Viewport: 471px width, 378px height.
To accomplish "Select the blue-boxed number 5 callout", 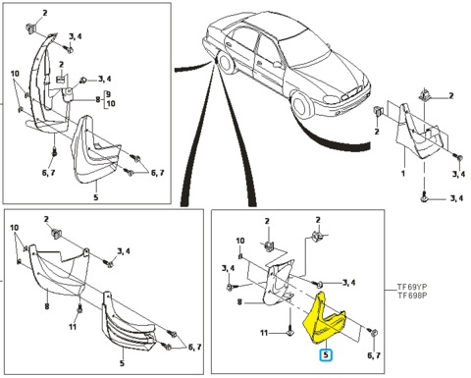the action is [326, 354].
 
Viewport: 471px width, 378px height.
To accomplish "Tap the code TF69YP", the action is [412, 287].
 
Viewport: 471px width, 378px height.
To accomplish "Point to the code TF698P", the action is [412, 296].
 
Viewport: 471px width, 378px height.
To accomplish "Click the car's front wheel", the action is [302, 105].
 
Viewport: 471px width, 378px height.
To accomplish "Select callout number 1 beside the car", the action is [402, 173].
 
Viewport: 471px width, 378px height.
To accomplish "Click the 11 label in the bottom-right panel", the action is [264, 333].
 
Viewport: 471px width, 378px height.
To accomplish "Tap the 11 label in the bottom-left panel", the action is [73, 326].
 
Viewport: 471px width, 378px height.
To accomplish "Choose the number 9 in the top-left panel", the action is [108, 94].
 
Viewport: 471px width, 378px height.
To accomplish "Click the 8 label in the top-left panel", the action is [97, 99].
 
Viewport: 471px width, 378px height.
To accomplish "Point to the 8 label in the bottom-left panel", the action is [47, 306].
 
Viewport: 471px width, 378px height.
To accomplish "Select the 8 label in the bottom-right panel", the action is [239, 302].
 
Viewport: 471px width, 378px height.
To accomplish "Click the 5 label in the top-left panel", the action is [96, 197].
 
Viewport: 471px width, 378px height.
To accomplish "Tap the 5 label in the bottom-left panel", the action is [122, 363].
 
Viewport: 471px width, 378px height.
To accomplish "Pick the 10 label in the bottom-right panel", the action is [240, 241].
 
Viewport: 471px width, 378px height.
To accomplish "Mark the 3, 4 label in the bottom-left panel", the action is [124, 251].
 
